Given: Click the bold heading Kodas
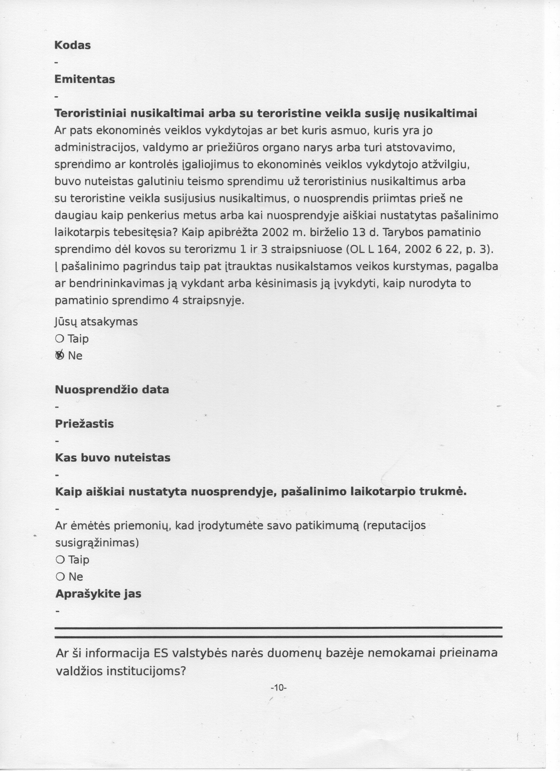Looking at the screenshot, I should tap(72, 45).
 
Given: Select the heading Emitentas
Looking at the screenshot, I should tap(85, 79).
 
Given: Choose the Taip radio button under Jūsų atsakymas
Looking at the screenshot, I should tap(59, 338).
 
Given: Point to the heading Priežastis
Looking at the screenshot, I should tap(84, 424).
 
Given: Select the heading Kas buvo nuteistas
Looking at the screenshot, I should tap(112, 458).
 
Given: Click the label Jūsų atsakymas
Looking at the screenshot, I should tap(96, 322).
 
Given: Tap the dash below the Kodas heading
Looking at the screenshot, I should tap(56, 63).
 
